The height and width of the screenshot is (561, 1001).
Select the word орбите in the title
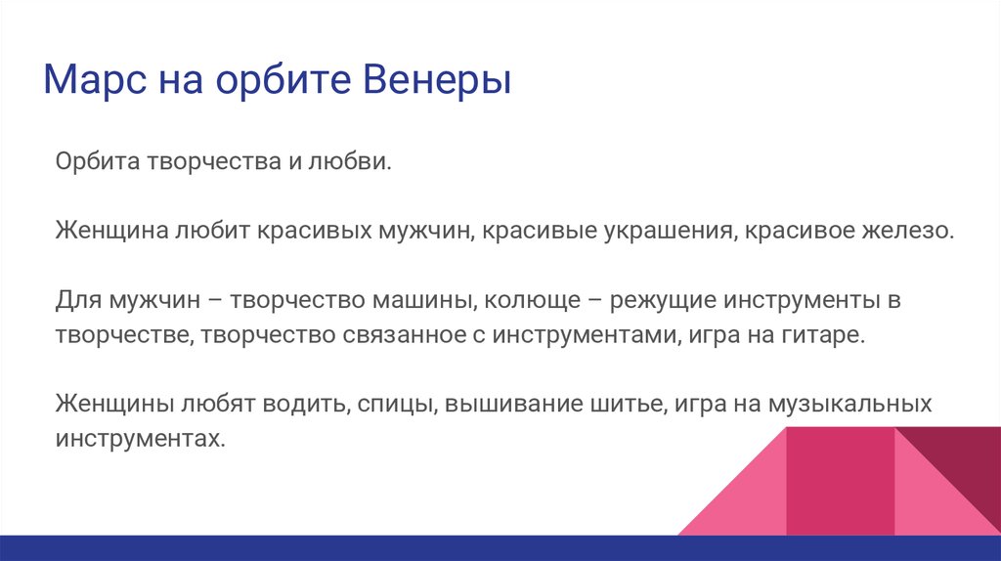283,80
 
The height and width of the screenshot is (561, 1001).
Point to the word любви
350,161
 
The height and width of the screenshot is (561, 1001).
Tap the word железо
908,231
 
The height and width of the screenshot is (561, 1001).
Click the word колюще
533,300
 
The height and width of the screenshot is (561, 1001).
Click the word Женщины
115,404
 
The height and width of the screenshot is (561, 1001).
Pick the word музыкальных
849,404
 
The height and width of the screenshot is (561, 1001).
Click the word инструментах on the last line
141,439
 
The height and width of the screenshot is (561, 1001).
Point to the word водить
306,404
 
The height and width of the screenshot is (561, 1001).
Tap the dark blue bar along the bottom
500,548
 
